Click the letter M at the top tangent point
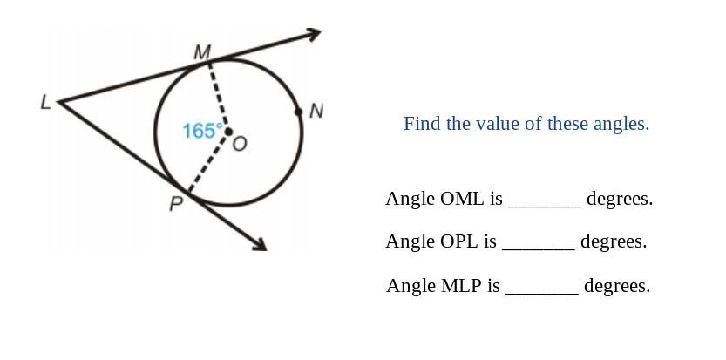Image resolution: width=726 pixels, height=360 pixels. pos(202,52)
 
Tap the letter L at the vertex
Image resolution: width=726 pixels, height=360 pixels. pos(45,102)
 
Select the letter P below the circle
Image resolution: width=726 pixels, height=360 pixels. pos(176,203)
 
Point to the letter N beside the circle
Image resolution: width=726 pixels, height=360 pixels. pos(316,112)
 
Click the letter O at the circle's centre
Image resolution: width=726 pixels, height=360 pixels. pos(240,144)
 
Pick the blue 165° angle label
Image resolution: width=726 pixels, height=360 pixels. pos(203,131)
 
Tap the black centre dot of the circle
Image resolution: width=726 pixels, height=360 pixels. pos(227,132)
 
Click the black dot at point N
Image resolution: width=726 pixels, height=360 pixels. pos(299,112)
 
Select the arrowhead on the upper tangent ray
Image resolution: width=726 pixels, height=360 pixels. pos(314,34)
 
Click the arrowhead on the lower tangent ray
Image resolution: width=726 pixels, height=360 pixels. pos(261,245)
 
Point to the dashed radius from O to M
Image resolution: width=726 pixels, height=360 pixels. pos(218,97)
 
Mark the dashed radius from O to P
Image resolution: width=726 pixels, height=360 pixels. pos(208,162)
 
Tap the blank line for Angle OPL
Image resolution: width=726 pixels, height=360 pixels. pos(539,249)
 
